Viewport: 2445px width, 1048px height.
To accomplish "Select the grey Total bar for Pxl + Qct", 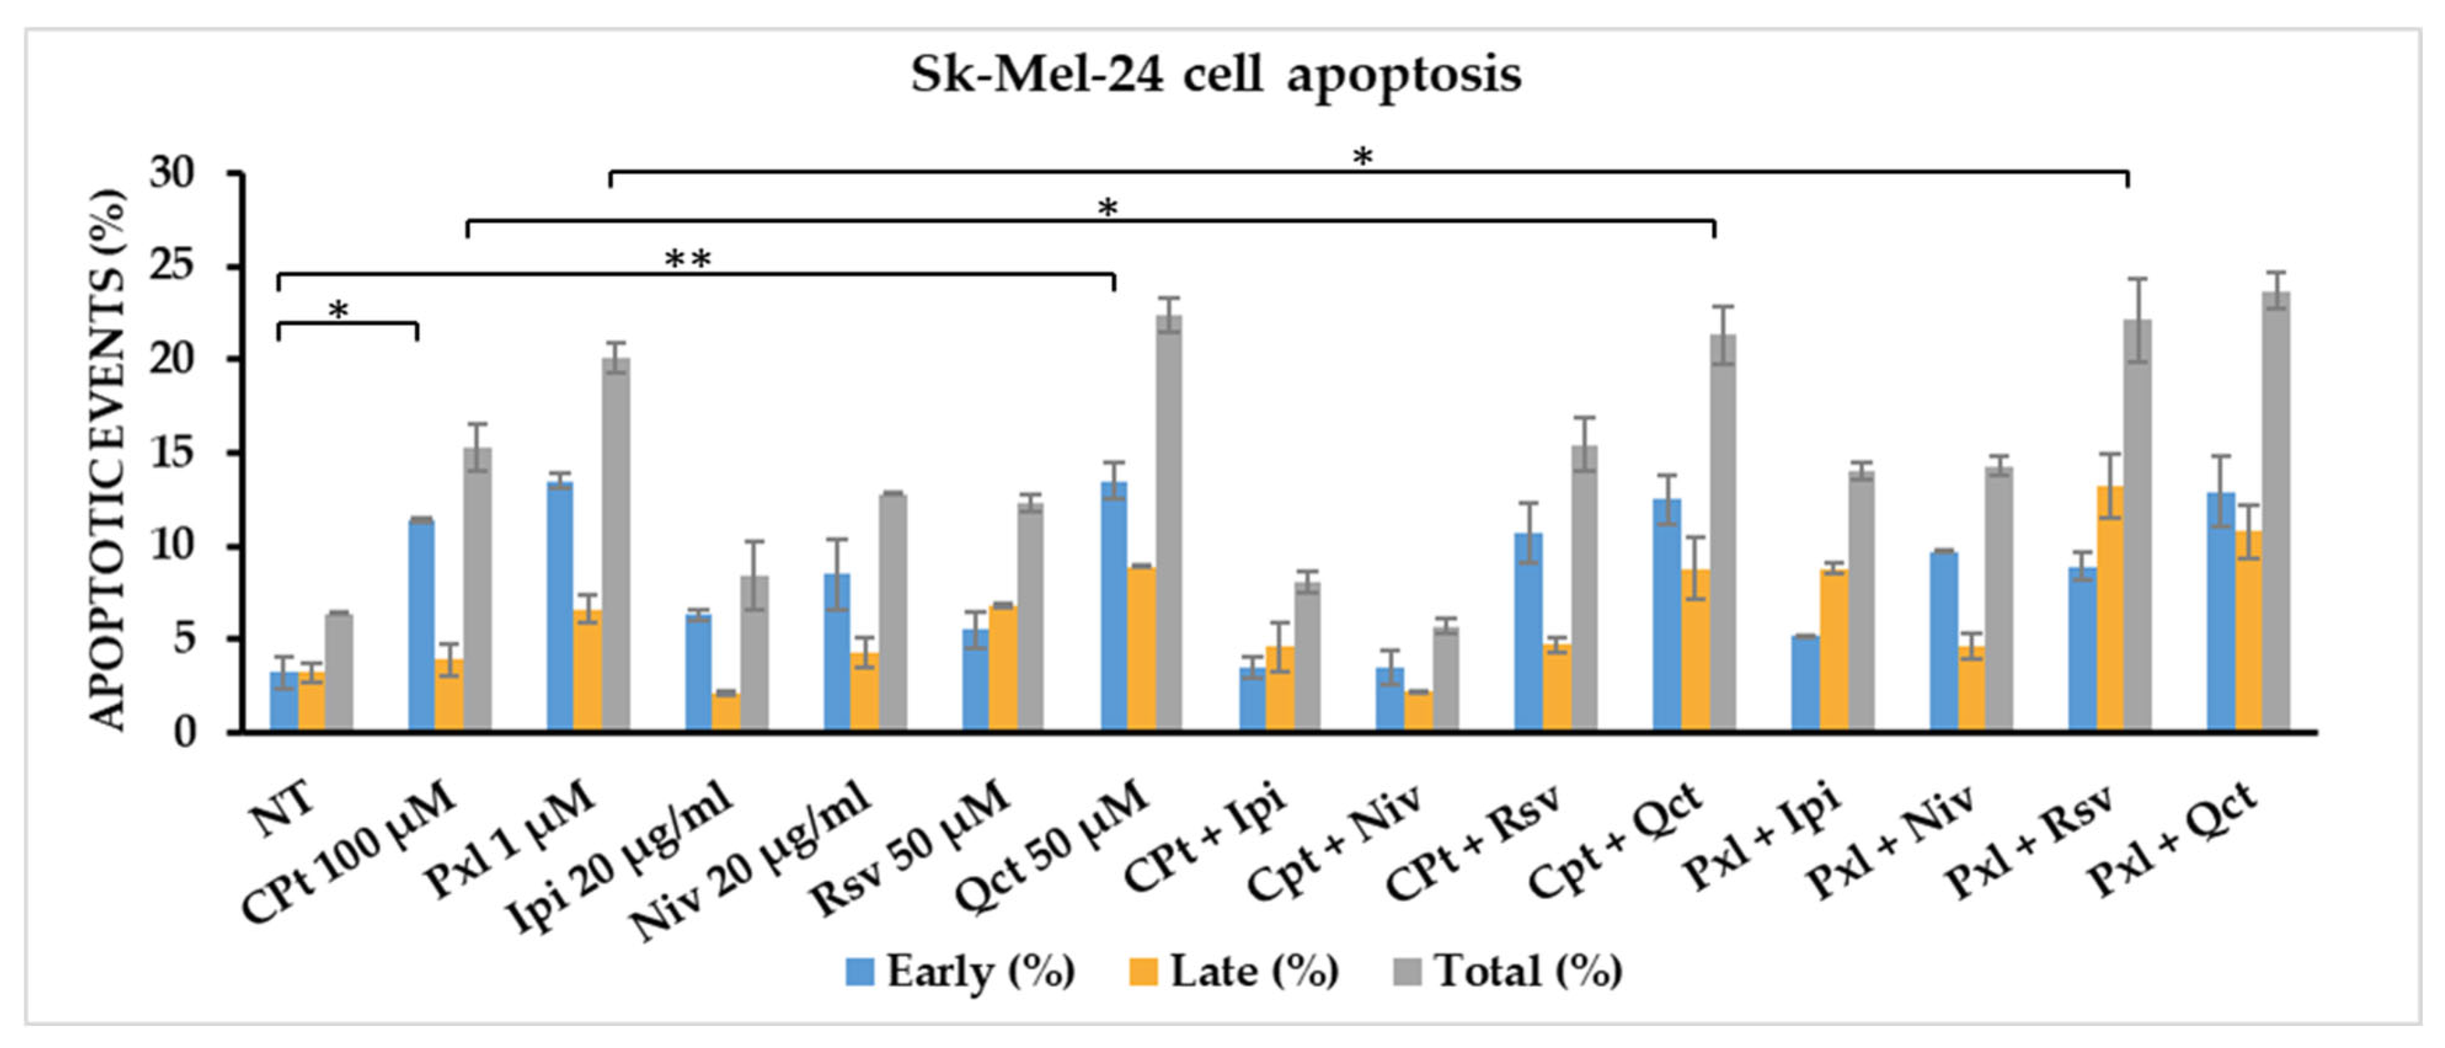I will [x=2275, y=513].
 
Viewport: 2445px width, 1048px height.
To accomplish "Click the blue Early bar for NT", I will [x=283, y=702].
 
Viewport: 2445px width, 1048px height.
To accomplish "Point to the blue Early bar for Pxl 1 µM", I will [x=560, y=607].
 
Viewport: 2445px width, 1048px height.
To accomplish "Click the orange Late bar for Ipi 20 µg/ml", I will [x=726, y=712].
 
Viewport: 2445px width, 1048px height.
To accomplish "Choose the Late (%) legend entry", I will [x=1234, y=971].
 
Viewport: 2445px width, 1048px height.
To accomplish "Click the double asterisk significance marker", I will [x=688, y=259].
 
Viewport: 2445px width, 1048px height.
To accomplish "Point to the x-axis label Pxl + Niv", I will [x=1889, y=841].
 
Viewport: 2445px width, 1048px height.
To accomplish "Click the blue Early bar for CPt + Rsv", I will [x=1528, y=632].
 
